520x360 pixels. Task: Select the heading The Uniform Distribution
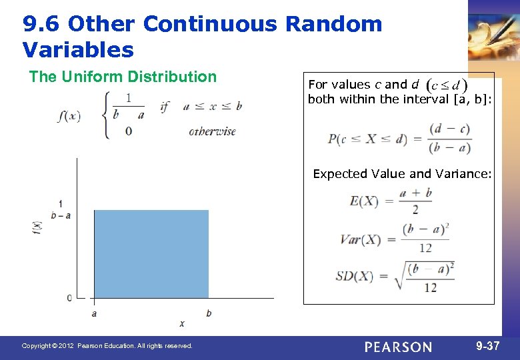(x=123, y=77)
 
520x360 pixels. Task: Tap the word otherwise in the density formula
(x=212, y=131)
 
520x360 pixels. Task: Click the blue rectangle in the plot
(x=151, y=254)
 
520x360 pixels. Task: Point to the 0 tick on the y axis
(x=69, y=298)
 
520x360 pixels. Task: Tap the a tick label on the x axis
(x=94, y=313)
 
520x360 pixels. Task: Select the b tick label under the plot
(x=209, y=313)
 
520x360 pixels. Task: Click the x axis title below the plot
(x=181, y=323)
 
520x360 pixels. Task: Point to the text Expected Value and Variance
(x=402, y=174)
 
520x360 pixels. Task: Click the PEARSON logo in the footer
(x=398, y=347)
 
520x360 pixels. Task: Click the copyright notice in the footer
(x=107, y=346)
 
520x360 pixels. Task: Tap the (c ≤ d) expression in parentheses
(x=446, y=85)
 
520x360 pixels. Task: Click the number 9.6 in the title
(x=41, y=25)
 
